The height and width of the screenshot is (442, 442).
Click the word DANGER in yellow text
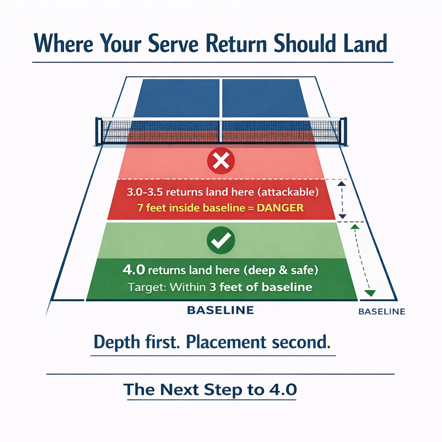click(x=280, y=208)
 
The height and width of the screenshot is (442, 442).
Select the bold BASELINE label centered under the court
click(x=220, y=310)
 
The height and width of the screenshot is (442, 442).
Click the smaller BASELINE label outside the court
click(x=382, y=311)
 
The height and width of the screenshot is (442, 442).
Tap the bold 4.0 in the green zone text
click(x=133, y=271)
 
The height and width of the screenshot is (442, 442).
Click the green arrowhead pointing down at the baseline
click(x=369, y=294)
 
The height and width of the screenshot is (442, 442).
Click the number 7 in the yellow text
click(x=140, y=208)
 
